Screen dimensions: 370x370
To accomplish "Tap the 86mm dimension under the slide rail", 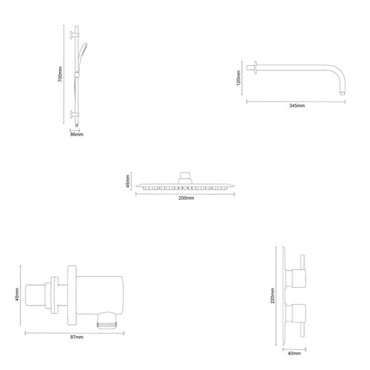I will point(75,134).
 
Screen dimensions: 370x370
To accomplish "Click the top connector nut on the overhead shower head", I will point(185,176).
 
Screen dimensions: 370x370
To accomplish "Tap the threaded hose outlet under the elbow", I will point(106,322).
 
